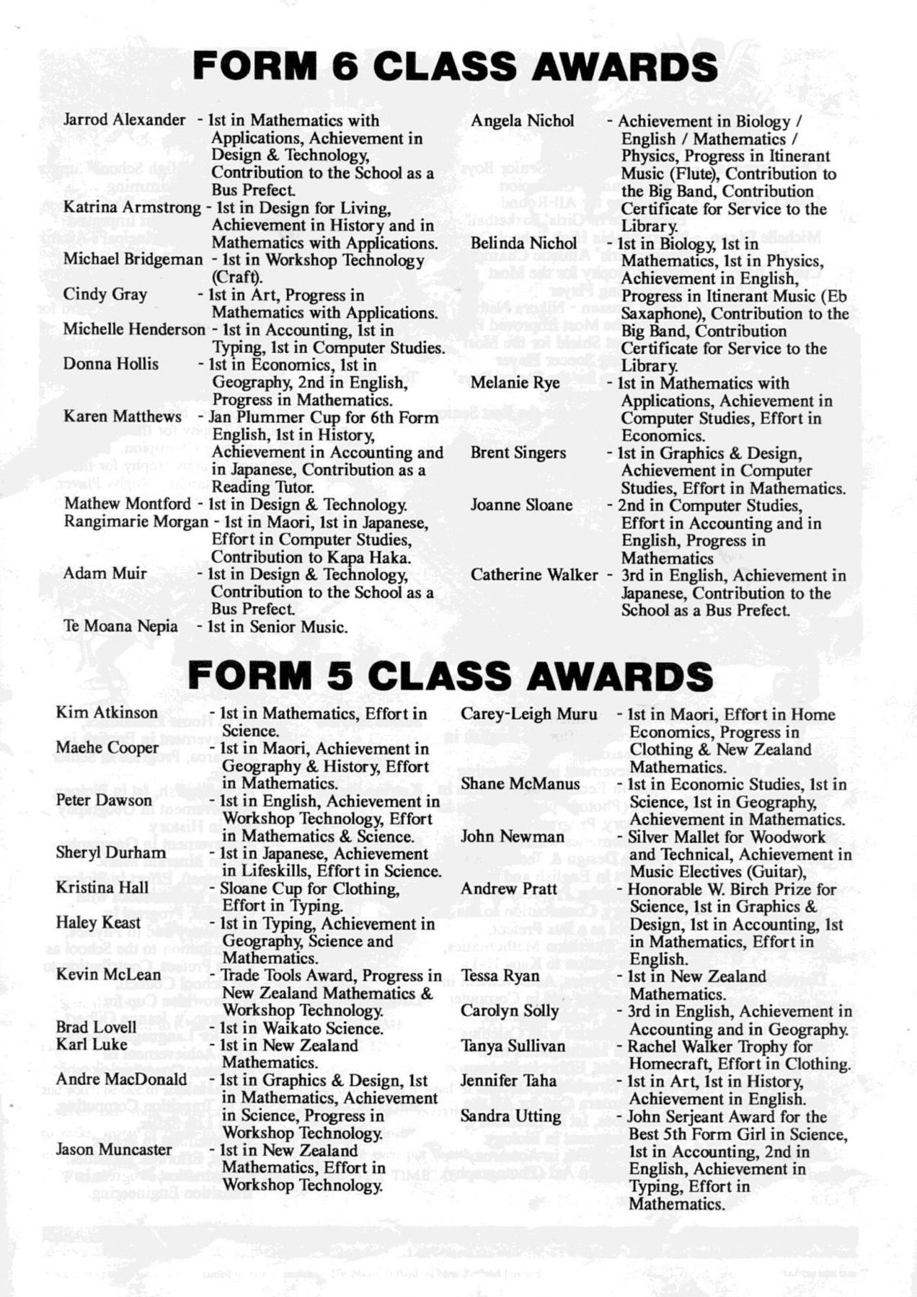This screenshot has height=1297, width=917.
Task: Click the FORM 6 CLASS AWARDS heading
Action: pos(455,67)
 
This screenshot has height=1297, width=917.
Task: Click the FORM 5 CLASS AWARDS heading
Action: pos(451,676)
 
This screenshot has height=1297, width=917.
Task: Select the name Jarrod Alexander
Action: pos(124,120)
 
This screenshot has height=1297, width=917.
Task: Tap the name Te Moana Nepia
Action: pos(120,625)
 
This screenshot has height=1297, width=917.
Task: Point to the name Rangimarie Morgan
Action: pos(136,521)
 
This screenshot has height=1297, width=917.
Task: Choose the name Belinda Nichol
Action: pos(523,243)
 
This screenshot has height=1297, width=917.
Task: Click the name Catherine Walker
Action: pos(534,575)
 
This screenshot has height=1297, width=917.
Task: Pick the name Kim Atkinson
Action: pos(107,713)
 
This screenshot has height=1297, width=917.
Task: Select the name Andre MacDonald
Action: pos(121,1079)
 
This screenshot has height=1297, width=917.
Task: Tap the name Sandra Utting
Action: pos(510,1116)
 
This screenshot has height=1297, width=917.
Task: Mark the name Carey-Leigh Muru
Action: pos(529,714)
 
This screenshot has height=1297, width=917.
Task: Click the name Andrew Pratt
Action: pos(509,888)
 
